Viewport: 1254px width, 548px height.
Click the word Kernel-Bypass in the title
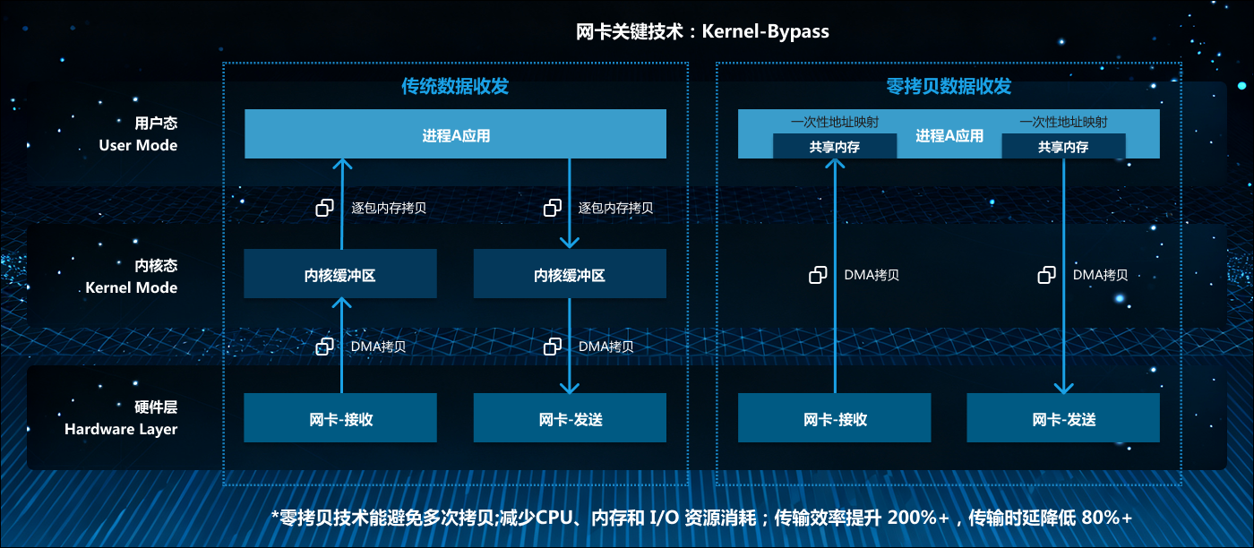pos(766,32)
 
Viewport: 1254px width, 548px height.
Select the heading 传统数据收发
pos(455,86)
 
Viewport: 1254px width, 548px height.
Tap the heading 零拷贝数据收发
pos(949,86)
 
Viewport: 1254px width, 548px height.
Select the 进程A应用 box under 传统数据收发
pos(455,136)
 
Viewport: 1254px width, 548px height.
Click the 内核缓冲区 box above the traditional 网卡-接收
pos(340,274)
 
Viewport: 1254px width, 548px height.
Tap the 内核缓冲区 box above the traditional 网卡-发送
pos(570,274)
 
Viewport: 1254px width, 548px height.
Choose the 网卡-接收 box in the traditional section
pos(340,418)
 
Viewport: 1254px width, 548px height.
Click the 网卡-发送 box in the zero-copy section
pos(1063,418)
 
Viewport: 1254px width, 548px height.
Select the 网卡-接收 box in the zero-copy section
pos(834,418)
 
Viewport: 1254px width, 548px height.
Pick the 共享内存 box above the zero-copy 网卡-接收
pos(834,147)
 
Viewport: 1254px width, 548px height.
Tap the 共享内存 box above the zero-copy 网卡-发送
pos(1063,147)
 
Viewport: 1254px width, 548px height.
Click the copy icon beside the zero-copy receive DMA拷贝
pos(818,275)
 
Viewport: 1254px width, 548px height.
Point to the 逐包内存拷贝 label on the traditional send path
pos(615,208)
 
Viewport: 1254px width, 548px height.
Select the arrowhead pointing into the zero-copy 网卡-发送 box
pos(1063,388)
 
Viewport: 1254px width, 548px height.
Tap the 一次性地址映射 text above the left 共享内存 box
pos(834,123)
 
